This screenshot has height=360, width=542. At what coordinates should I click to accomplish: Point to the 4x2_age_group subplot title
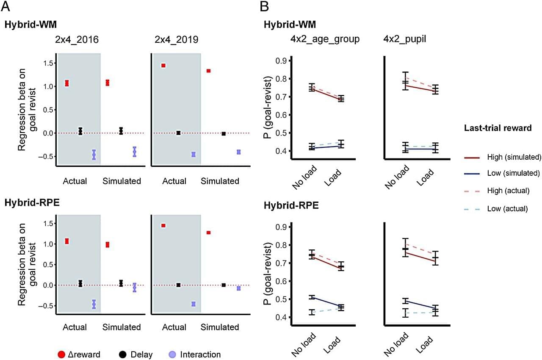coord(324,39)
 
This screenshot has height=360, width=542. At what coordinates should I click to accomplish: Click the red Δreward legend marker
coord(62,354)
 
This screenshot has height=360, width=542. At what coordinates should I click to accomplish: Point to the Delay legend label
coord(141,354)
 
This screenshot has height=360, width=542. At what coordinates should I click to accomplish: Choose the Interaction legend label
coord(200,354)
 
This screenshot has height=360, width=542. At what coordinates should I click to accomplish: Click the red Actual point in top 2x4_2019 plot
coord(163,66)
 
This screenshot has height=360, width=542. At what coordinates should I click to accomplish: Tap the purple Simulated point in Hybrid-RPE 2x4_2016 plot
coord(135,288)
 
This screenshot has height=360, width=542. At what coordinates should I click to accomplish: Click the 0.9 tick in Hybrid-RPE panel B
coord(281,227)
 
